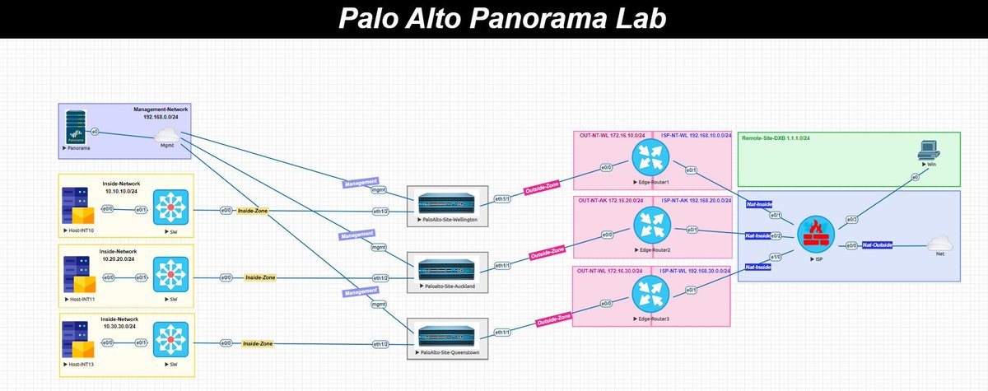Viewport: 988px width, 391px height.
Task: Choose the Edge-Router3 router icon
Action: click(x=650, y=291)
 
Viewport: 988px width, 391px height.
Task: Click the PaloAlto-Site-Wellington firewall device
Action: click(x=447, y=203)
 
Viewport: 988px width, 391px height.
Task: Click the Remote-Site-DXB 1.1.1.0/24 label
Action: click(x=776, y=137)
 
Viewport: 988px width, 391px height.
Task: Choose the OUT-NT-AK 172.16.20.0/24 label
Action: click(x=610, y=201)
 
